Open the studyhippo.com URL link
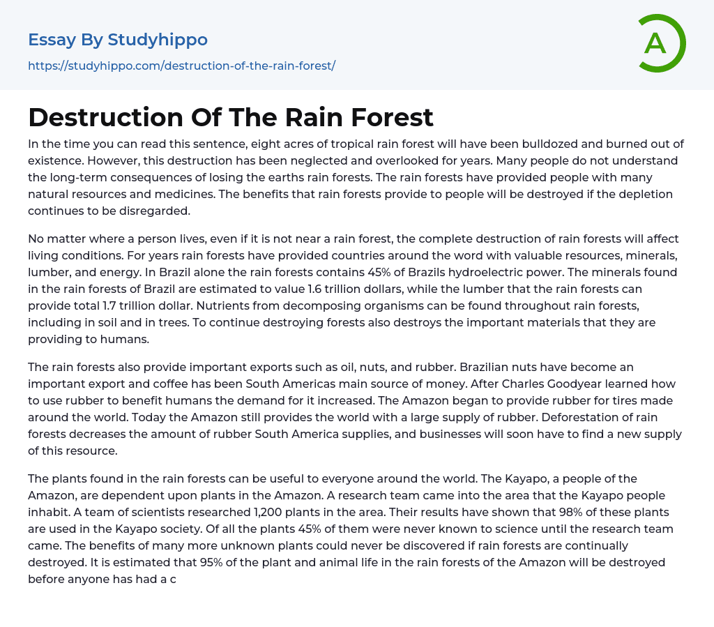[181, 66]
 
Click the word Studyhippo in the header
[158, 40]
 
